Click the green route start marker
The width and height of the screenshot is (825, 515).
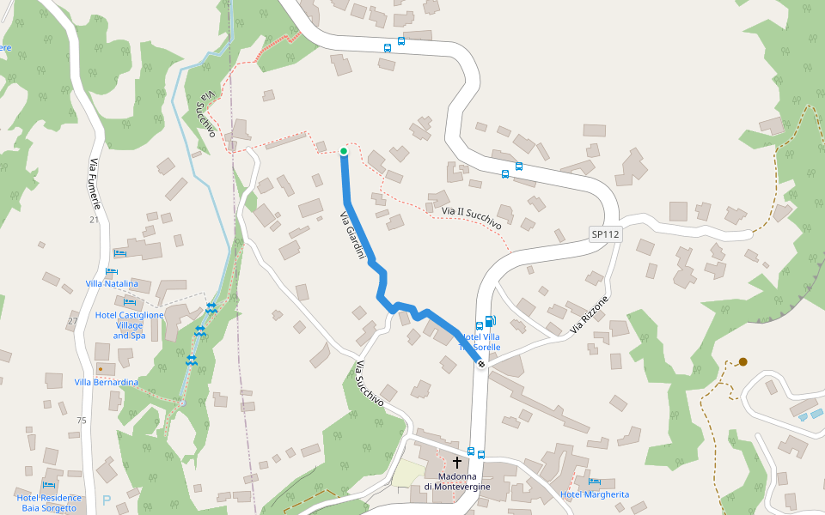click(x=344, y=152)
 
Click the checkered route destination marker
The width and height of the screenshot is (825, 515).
click(x=481, y=364)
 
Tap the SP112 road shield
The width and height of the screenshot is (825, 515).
click(x=605, y=233)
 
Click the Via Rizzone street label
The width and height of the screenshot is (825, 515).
click(x=589, y=315)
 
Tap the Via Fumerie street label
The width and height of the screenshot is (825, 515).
click(x=95, y=185)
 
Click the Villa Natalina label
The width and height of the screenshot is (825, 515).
click(x=112, y=283)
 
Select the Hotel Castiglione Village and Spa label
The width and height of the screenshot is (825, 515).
click(x=129, y=325)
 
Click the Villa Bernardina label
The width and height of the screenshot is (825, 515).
click(x=106, y=382)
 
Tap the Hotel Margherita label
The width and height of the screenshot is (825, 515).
click(x=595, y=494)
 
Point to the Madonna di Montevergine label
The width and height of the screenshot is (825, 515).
click(x=457, y=482)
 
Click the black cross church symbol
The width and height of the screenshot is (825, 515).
click(x=457, y=462)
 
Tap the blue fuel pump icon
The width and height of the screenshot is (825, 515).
click(x=490, y=322)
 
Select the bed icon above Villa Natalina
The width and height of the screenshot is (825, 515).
click(x=119, y=254)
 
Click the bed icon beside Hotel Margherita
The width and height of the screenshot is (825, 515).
click(x=594, y=482)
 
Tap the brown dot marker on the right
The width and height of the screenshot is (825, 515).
click(x=742, y=362)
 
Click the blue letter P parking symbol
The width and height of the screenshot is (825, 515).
click(x=107, y=500)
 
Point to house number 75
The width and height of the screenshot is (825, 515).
click(x=82, y=421)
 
